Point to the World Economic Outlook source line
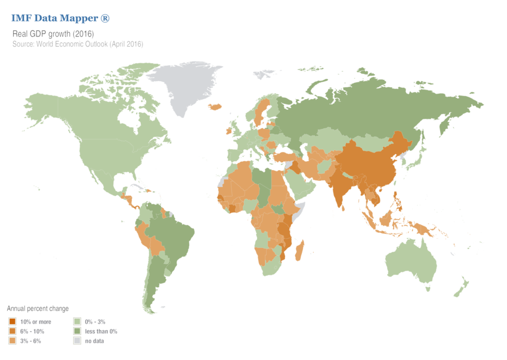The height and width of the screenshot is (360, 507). click(78, 44)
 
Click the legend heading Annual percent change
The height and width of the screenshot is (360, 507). click(38, 309)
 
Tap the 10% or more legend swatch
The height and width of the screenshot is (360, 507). click(11, 322)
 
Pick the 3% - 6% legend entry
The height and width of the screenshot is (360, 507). click(30, 340)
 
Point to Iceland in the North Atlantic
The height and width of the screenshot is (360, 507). click(215, 106)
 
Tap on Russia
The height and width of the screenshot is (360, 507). click(370, 107)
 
